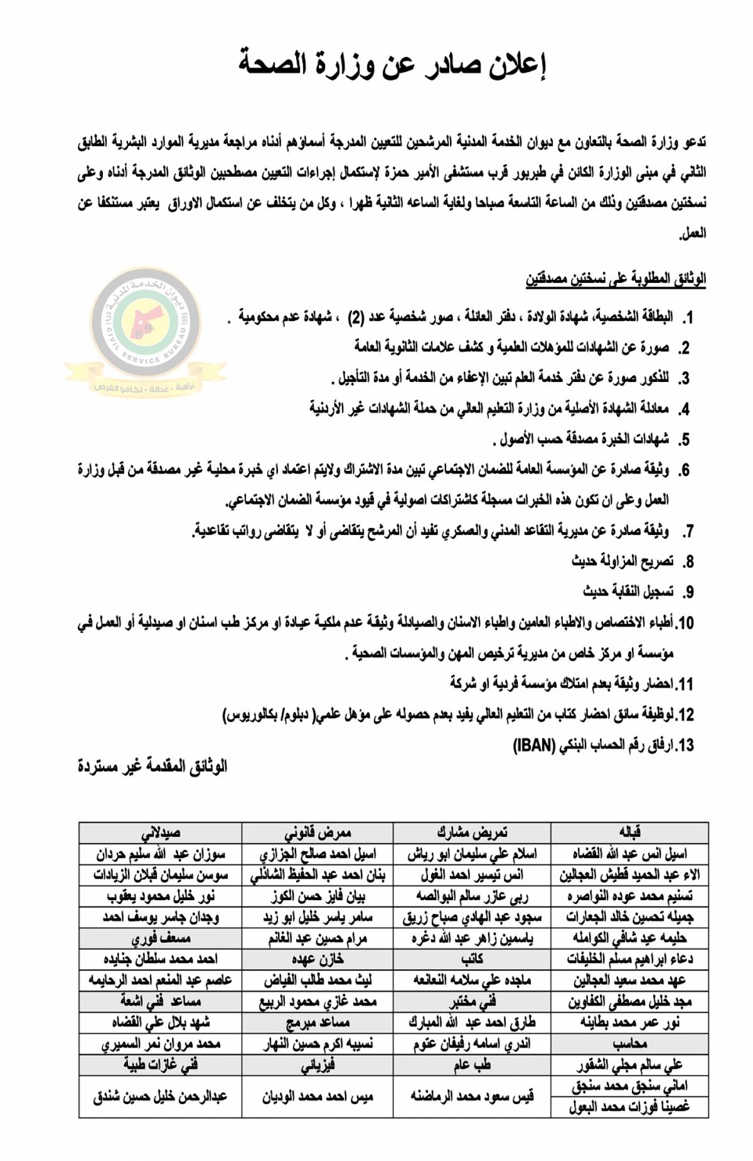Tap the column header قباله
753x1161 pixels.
coord(629,832)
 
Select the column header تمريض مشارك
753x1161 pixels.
coord(472,832)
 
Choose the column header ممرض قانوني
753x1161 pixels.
coord(318,832)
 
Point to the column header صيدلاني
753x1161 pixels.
coord(161,832)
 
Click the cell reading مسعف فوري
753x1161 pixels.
coord(161,939)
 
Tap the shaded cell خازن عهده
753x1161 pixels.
coord(318,960)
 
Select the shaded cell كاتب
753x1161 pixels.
coord(472,960)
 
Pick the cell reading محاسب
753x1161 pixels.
coord(629,1044)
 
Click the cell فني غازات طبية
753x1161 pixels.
coord(161,1066)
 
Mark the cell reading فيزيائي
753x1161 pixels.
coord(318,1066)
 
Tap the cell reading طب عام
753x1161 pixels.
coord(472,1066)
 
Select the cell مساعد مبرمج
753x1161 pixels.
coord(318,1023)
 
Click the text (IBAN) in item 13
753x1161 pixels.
coord(534,745)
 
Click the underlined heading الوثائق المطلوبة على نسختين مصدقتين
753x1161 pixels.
coord(616,278)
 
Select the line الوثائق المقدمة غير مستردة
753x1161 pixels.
coord(152,766)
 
